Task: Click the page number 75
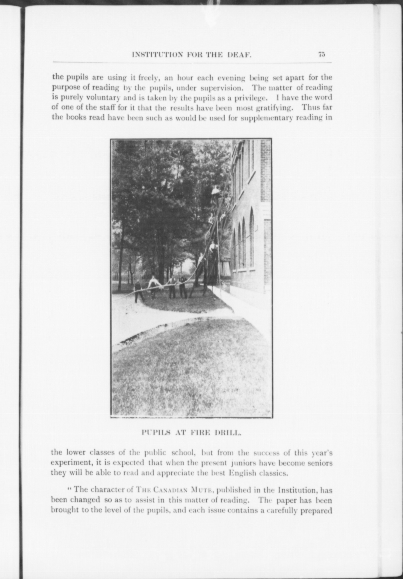point(322,54)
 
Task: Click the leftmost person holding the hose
point(138,291)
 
